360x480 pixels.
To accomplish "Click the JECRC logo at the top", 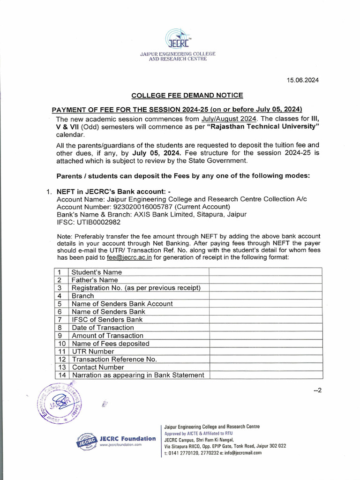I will [x=178, y=39].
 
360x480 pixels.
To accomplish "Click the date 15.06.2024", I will [x=303, y=80].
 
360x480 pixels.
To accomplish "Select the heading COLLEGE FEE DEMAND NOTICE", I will [x=187, y=95].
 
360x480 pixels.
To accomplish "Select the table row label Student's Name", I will [x=97, y=272].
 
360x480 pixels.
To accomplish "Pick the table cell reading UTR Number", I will [x=93, y=351].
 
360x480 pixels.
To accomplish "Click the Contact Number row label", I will [x=98, y=367].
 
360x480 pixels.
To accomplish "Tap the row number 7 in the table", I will [x=60, y=320].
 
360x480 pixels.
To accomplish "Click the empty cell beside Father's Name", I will [x=265, y=280].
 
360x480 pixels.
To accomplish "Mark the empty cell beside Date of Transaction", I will [x=265, y=328].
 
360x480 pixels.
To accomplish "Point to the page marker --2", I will [x=317, y=391].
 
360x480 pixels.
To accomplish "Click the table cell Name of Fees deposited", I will [x=111, y=344].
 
